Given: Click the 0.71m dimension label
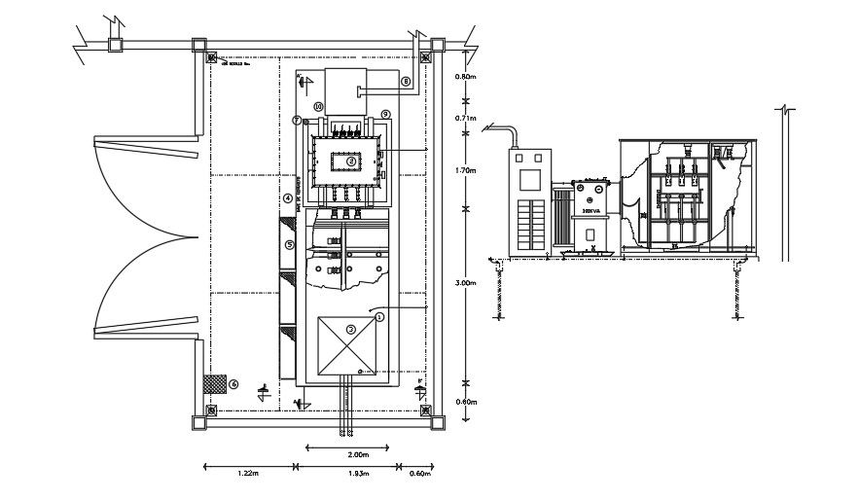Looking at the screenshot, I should click(x=466, y=119).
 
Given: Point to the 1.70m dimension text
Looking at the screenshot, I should click(x=466, y=169).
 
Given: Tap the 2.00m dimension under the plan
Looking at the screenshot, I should click(x=357, y=454).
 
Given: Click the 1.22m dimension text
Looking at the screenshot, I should click(x=247, y=474).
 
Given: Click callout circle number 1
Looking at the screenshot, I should click(x=380, y=315).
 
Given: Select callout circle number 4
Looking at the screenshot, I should click(x=288, y=198).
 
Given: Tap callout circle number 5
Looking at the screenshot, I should click(x=289, y=245).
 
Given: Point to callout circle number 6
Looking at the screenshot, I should click(x=233, y=383).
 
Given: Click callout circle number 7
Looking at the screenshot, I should click(x=297, y=121).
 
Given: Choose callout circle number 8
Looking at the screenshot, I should click(x=406, y=83).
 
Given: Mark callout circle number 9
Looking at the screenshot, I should click(x=385, y=114).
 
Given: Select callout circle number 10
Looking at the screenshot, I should click(x=317, y=105).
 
